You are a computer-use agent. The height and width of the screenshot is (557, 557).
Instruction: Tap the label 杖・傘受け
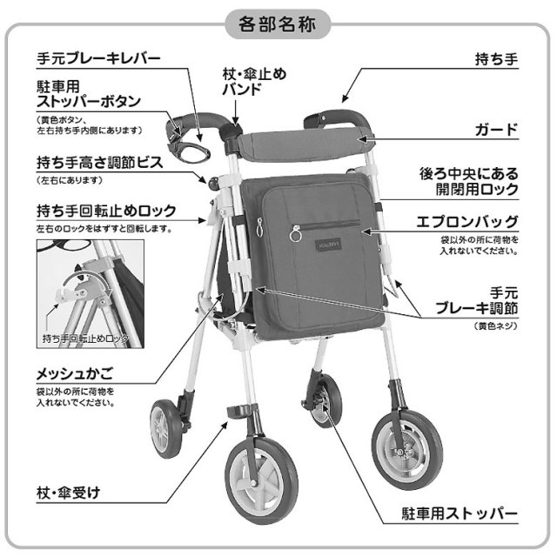click(69, 493)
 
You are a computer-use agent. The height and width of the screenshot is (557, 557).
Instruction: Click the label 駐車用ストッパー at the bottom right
click(458, 513)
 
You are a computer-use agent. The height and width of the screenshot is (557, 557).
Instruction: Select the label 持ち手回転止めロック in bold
click(107, 211)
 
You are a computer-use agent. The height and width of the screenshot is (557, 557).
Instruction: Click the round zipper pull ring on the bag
click(297, 235)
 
